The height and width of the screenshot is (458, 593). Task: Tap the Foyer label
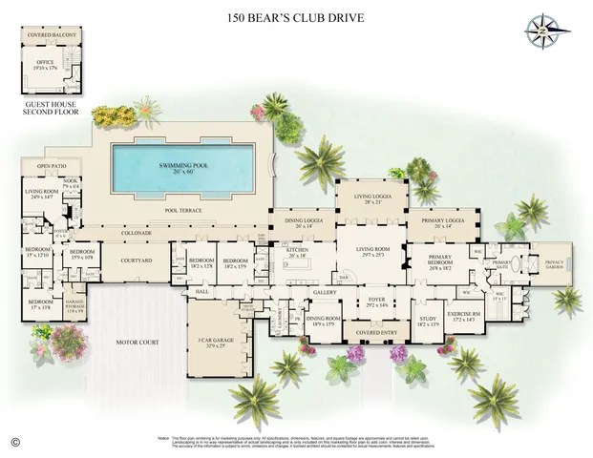pos(376,301)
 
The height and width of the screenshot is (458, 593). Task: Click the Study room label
pos(428,321)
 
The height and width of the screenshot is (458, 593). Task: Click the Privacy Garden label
pos(554,262)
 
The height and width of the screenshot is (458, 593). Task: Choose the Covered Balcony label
pos(53,35)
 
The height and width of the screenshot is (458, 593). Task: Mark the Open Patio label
pos(51,167)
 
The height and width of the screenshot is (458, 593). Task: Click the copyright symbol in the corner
pos(14,440)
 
